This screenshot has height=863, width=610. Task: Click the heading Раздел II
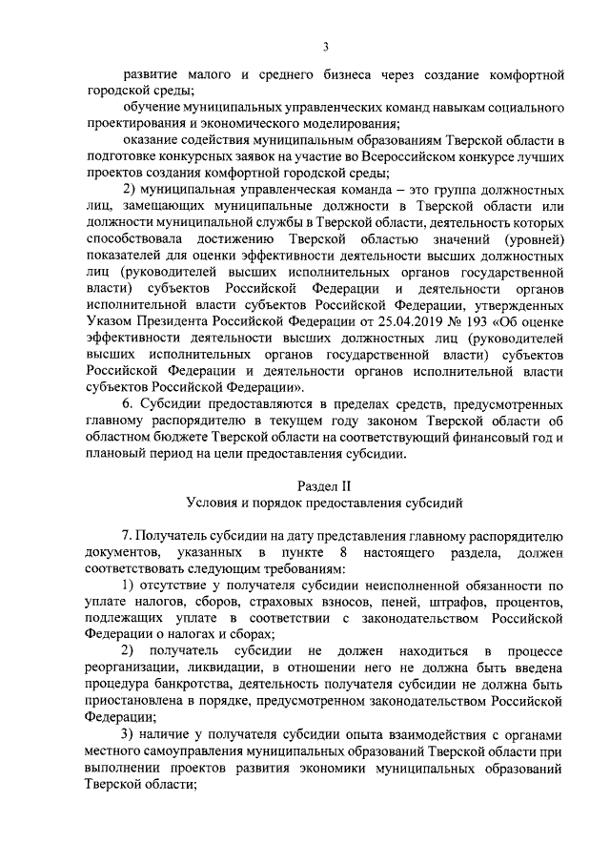(x=325, y=484)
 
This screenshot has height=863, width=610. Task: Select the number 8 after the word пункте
(x=341, y=553)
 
